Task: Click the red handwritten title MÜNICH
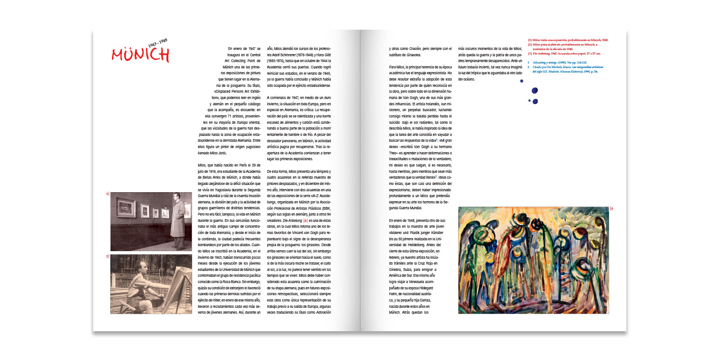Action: point(140,55)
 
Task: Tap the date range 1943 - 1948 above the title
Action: point(157,43)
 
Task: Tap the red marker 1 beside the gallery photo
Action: point(107,194)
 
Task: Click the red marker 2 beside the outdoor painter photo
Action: point(107,256)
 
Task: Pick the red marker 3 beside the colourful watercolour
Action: point(612,209)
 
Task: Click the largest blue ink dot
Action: point(535,91)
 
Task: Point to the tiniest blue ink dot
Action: point(529,101)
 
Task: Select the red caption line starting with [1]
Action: point(568,40)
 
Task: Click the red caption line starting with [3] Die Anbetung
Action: point(564,54)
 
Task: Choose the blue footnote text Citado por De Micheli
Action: point(567,67)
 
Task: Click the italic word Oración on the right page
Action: point(415,49)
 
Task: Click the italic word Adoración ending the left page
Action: point(323,312)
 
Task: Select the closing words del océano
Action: point(466,79)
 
